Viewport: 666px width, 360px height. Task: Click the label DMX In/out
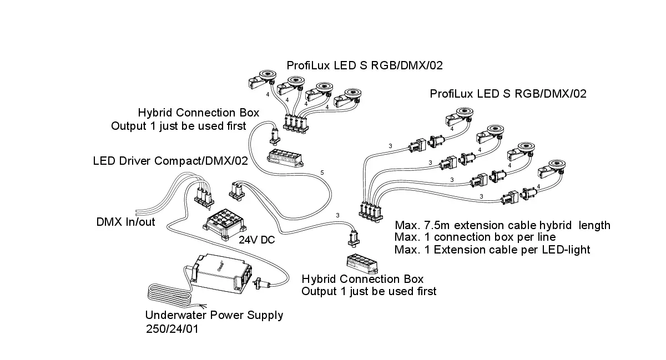125,222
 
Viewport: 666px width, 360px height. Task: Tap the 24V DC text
256,241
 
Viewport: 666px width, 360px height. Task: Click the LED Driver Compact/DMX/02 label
170,161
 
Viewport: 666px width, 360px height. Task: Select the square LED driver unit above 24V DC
223,224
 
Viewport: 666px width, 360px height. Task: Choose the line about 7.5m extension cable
502,225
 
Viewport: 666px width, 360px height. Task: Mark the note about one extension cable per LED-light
492,250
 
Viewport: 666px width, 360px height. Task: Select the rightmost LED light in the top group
349,95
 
